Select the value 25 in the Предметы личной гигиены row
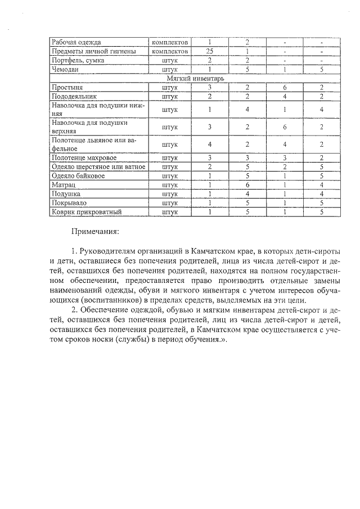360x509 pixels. (x=209, y=51)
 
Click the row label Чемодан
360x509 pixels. (x=65, y=70)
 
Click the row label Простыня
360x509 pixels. (x=67, y=88)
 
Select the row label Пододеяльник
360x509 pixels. (x=74, y=97)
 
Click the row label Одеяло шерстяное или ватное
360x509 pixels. (x=98, y=167)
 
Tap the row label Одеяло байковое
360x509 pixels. (x=78, y=176)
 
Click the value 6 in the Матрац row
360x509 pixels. (x=247, y=185)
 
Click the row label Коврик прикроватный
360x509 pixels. (x=86, y=212)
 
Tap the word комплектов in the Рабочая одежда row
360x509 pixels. (x=169, y=42)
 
